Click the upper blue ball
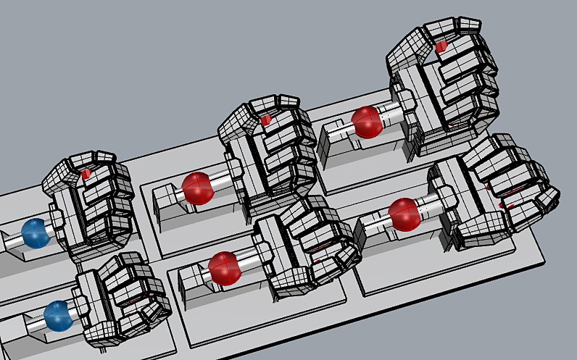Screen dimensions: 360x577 (x=34, y=233)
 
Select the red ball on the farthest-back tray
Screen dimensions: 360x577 (x=367, y=122)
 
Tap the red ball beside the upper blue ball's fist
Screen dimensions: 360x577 (x=198, y=188)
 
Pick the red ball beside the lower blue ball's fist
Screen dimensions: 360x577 (x=224, y=267)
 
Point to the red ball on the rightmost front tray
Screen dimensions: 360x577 (x=404, y=214)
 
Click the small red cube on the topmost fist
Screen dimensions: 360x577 (x=441, y=47)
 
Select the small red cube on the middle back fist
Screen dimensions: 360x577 (x=266, y=120)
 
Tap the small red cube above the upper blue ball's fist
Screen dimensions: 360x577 (x=87, y=174)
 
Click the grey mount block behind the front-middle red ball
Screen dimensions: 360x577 (x=192, y=279)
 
